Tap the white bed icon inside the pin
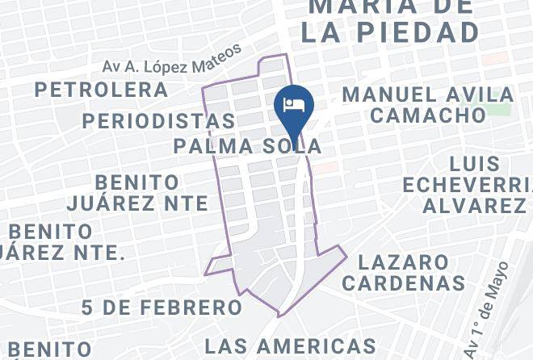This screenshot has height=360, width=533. (x=292, y=104)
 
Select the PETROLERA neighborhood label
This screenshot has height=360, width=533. (x=101, y=90)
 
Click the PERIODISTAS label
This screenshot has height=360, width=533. (x=158, y=121)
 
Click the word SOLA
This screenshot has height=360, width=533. (x=292, y=146)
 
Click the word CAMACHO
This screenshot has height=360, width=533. (x=428, y=115)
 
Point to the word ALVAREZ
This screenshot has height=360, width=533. (x=474, y=206)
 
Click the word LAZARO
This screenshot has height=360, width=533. (x=403, y=262)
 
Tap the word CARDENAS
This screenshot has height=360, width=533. (x=402, y=283)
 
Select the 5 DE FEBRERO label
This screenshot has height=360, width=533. (x=162, y=308)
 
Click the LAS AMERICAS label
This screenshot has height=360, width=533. (x=290, y=346)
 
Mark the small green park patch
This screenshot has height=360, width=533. (x=500, y=108)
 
